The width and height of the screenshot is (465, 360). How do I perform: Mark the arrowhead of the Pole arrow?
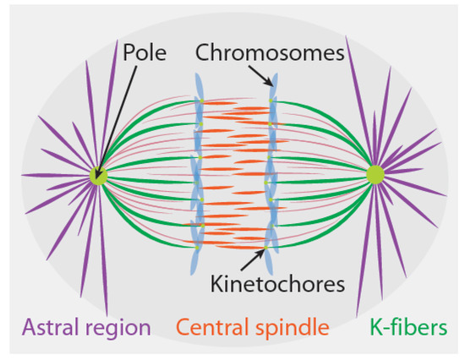pyautogui.click(x=103, y=167)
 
